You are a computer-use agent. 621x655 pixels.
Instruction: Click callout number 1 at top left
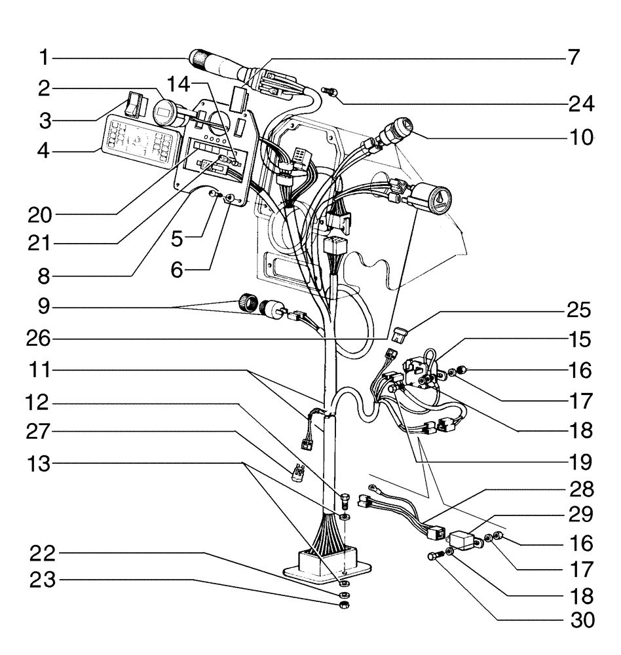[43, 58]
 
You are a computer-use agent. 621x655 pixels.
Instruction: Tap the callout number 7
[573, 58]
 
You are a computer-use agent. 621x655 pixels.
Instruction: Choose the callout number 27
[42, 432]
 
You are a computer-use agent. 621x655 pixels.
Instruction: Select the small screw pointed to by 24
[331, 92]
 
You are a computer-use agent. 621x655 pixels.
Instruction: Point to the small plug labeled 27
[300, 472]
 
